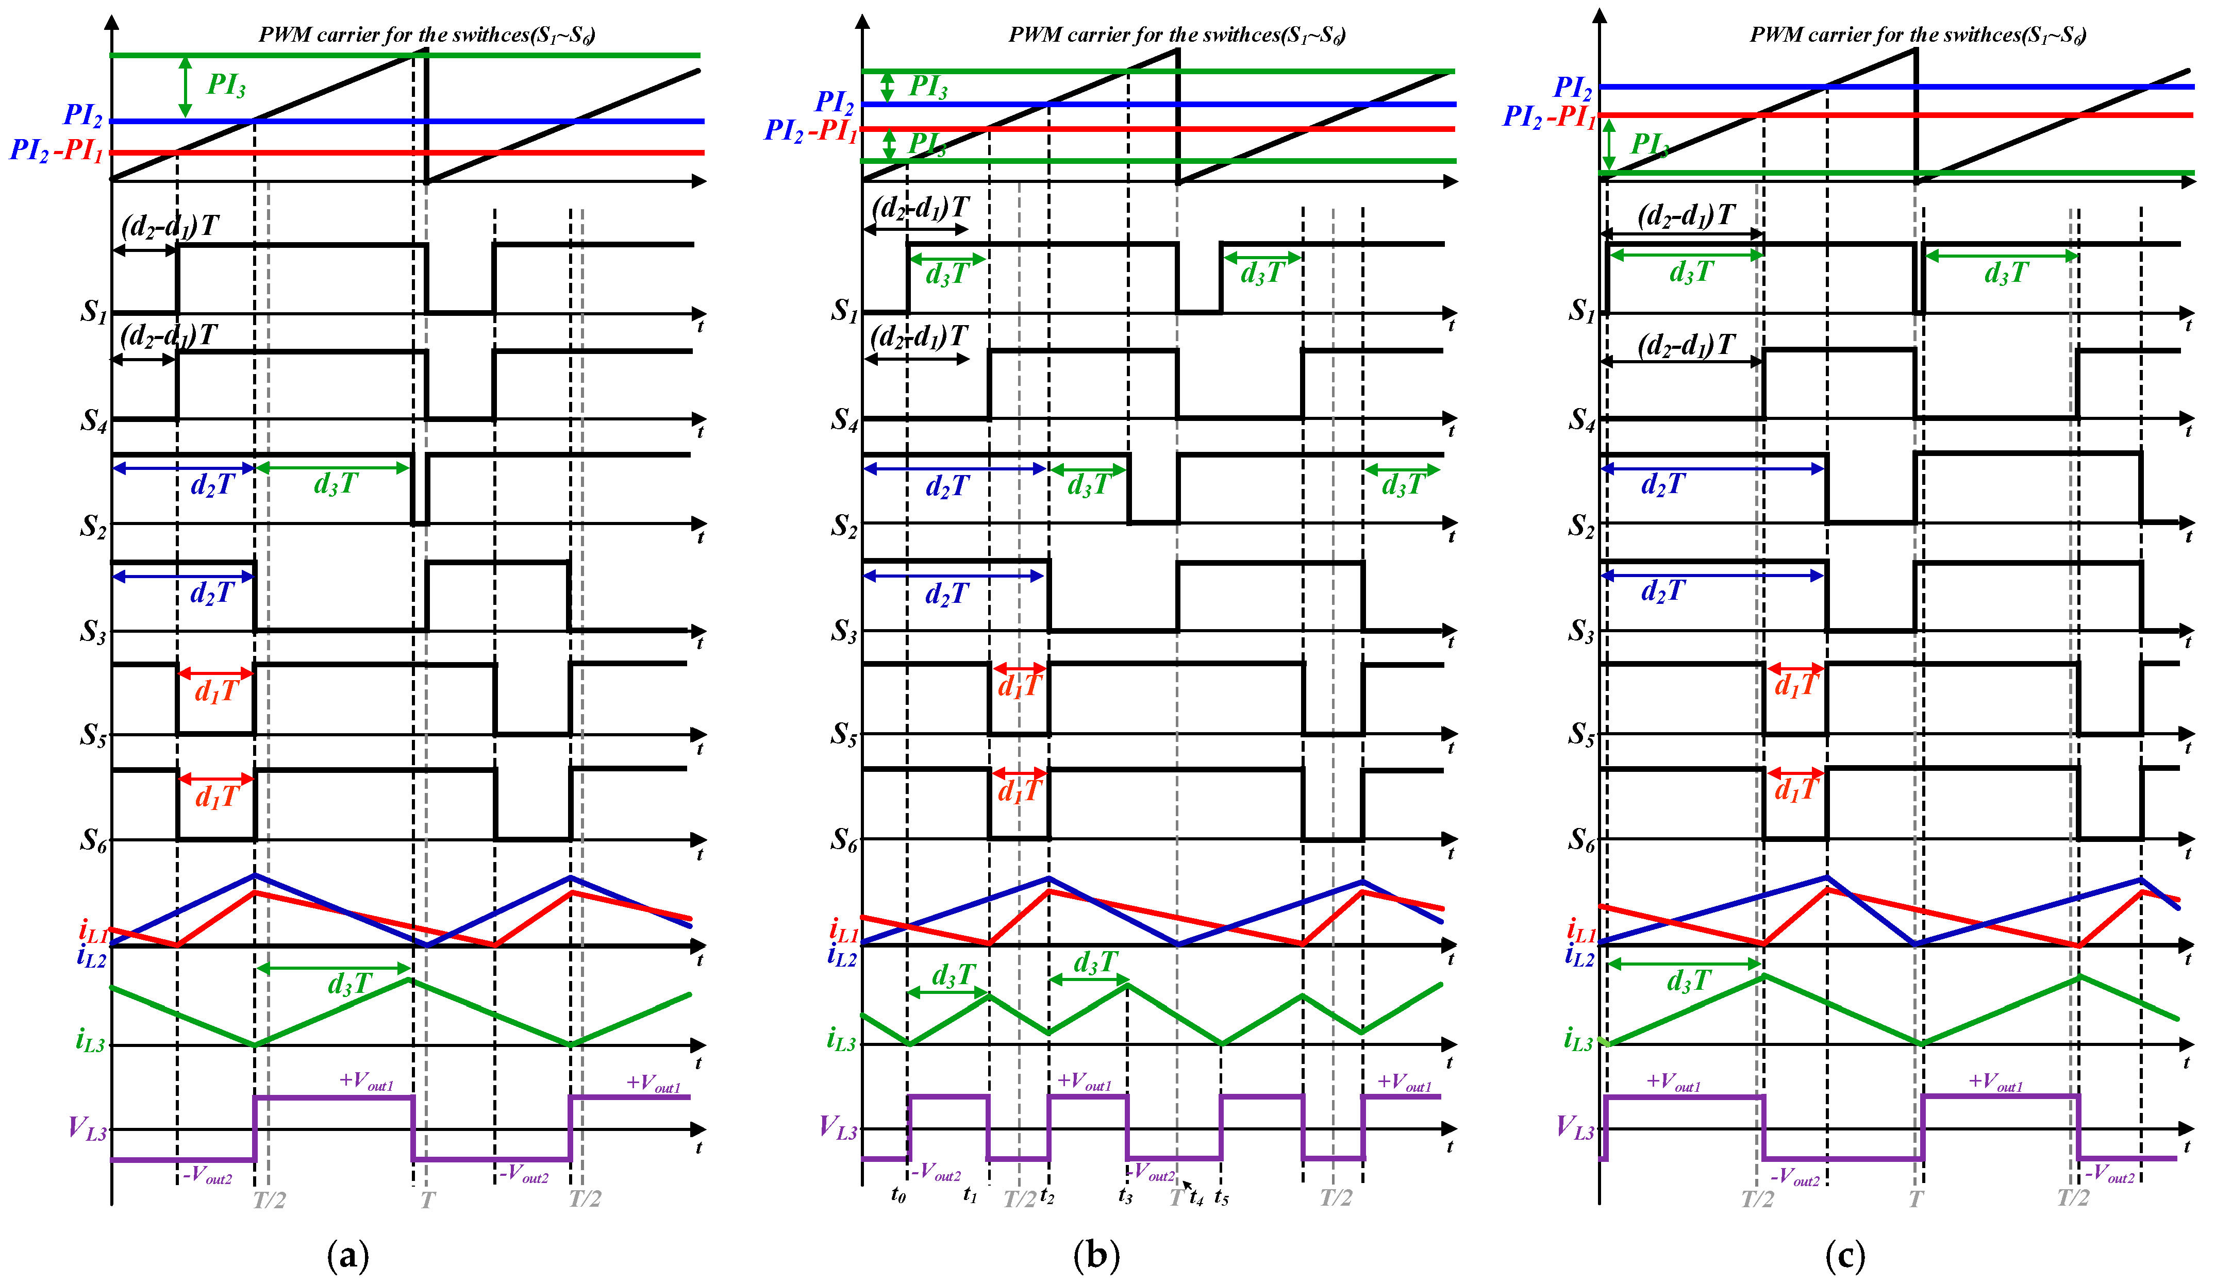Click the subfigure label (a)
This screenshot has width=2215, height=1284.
coord(348,1255)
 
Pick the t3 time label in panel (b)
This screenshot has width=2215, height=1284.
coord(1126,1195)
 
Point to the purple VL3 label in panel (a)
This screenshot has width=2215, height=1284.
coord(88,1127)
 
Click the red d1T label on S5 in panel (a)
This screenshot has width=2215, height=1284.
coord(216,691)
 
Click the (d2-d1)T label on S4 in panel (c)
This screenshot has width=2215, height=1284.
coord(1686,345)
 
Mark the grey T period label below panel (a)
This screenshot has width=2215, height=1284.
coord(427,1199)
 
